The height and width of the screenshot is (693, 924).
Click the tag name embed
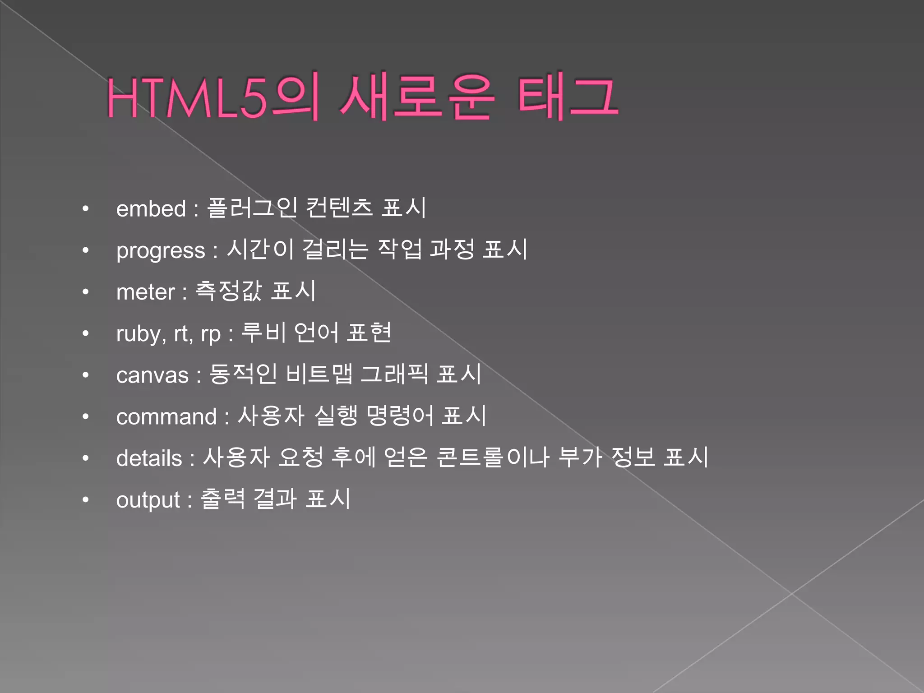click(x=151, y=209)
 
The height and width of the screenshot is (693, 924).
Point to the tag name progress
click(x=161, y=251)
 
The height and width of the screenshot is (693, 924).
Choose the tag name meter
click(x=145, y=292)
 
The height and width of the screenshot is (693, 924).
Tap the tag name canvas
click(x=152, y=375)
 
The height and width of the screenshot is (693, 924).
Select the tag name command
click(x=166, y=417)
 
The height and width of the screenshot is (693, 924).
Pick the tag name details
click(x=149, y=459)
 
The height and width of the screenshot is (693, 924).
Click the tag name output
click(x=148, y=500)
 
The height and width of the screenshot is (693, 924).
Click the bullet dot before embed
click(x=86, y=209)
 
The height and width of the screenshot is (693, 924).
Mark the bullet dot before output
click(x=86, y=500)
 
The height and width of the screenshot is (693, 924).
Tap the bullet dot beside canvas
click(x=86, y=375)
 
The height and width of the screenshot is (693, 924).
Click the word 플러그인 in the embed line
click(x=252, y=208)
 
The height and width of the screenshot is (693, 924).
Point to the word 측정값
click(x=228, y=291)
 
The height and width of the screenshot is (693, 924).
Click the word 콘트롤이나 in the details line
click(x=493, y=457)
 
